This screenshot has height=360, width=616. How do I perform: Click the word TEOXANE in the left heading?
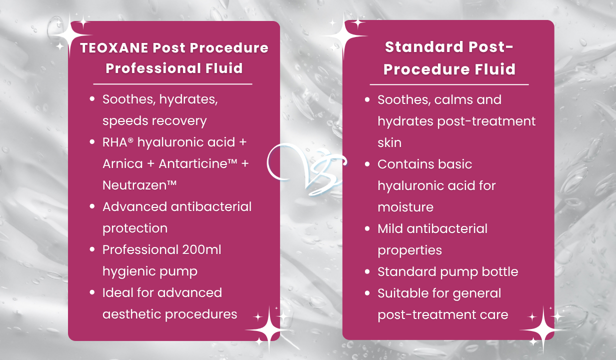coord(114,47)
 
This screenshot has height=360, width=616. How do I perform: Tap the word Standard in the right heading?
coord(424,47)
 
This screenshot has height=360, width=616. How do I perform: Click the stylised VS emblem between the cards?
coord(307,169)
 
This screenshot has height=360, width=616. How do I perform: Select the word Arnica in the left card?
coord(122,163)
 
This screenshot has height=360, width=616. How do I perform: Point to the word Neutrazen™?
coord(139,185)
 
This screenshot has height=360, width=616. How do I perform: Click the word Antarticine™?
coord(197,163)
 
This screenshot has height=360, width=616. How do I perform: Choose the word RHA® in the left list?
coord(118,142)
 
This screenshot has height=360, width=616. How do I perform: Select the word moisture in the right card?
coord(405,207)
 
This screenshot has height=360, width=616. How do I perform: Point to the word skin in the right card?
coord(389,142)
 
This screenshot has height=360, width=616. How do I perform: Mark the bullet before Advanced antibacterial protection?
coord(92,206)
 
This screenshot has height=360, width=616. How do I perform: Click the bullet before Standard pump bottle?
coord(367,271)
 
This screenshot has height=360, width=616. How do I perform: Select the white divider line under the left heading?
coord(172,84)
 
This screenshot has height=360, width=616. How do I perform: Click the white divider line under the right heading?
coord(449,84)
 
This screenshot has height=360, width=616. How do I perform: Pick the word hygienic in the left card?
coord(129,271)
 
